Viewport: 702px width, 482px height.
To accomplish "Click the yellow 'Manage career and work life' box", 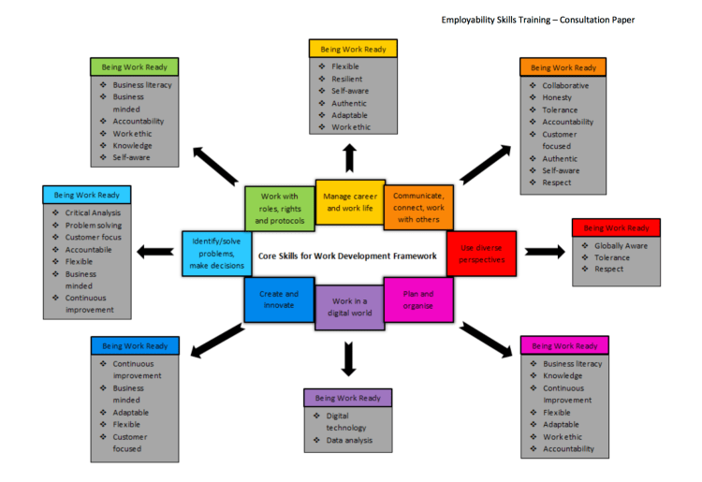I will pos(349,202).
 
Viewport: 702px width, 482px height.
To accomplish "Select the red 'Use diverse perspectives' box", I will pos(481,253).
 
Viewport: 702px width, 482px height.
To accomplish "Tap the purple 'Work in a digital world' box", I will pos(349,307).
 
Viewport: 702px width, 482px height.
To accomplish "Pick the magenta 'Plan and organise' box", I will pos(418,299).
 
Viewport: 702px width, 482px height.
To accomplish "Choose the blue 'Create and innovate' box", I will pos(279,299).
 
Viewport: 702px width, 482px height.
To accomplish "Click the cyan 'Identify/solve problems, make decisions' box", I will pos(217,253).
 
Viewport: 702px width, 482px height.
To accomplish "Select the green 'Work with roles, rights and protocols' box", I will pos(279,208).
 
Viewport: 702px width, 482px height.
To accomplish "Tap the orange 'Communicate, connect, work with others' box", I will pos(418,207).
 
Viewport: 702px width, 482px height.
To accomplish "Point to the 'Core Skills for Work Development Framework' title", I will pos(346,255).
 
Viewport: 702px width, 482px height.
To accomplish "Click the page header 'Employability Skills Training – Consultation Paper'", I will pos(537,19).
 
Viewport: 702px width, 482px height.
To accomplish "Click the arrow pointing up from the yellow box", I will pos(350,158).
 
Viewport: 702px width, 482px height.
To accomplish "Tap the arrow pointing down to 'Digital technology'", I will pos(350,358).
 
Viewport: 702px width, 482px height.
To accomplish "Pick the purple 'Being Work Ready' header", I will pos(347,398).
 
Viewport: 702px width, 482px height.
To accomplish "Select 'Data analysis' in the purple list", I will pos(349,440).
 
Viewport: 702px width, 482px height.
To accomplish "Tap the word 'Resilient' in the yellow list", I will pos(347,79).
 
